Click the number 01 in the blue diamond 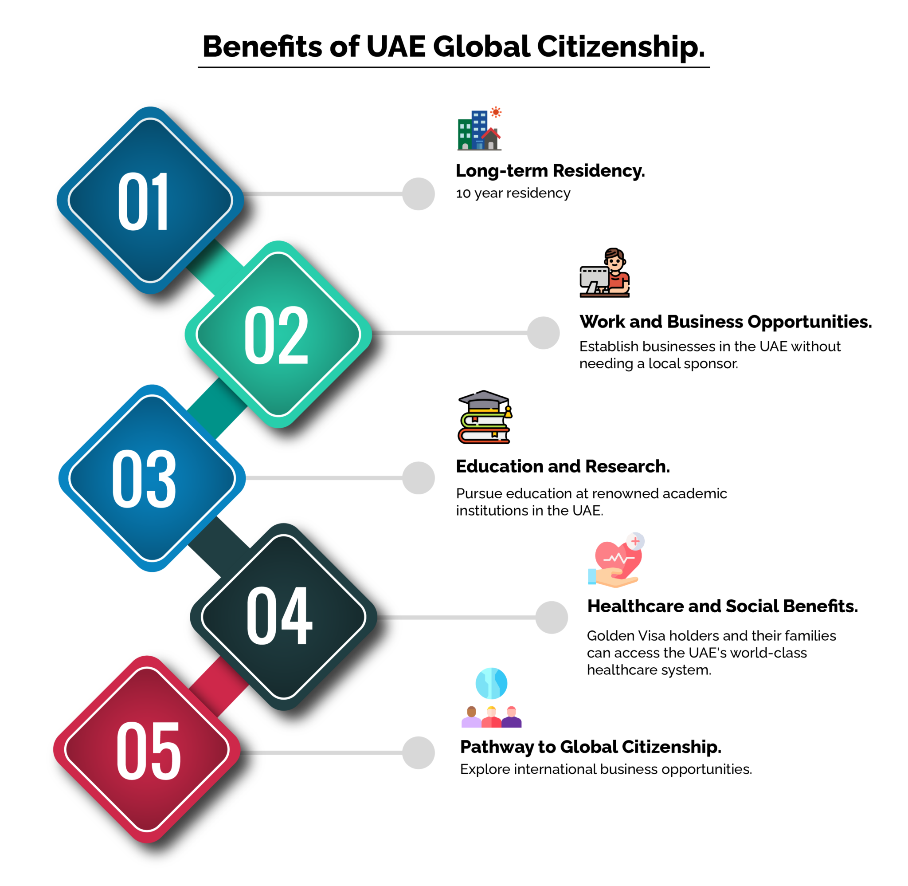click(x=144, y=201)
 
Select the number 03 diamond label click(x=144, y=479)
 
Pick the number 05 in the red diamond click(x=149, y=751)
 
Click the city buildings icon click(x=479, y=128)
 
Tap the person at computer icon click(x=604, y=273)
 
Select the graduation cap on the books click(x=484, y=401)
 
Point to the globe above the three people click(x=491, y=683)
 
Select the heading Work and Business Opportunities click(x=725, y=322)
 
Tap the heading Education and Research click(x=563, y=466)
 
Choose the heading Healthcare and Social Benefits click(x=723, y=606)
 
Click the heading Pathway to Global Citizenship click(x=591, y=747)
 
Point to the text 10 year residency click(x=513, y=193)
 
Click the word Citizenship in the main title click(x=621, y=47)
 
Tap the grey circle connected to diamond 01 click(x=419, y=194)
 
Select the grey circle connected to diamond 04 click(x=552, y=618)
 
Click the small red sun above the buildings click(x=496, y=112)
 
